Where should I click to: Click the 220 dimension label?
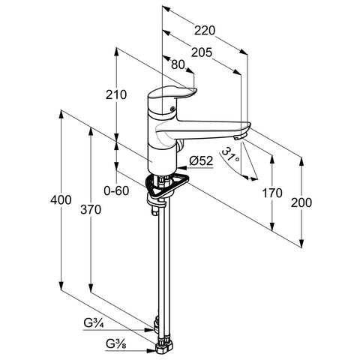point(205,31)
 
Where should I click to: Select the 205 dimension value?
point(202,52)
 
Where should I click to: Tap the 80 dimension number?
point(178,65)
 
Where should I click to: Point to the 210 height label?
point(116,94)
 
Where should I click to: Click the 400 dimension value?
point(61,200)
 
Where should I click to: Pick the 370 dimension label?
point(91,209)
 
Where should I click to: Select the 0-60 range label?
point(116,191)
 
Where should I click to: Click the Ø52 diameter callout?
point(201,160)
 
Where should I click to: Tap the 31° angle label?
point(230,155)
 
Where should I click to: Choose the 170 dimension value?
point(272,193)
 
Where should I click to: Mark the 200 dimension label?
point(301,202)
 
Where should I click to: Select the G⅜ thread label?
point(116,345)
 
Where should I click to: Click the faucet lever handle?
point(172,94)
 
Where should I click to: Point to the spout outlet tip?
point(239,137)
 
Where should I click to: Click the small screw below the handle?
point(172,109)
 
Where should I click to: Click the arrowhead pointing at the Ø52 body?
point(181,167)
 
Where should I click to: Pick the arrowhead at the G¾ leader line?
point(150,330)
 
